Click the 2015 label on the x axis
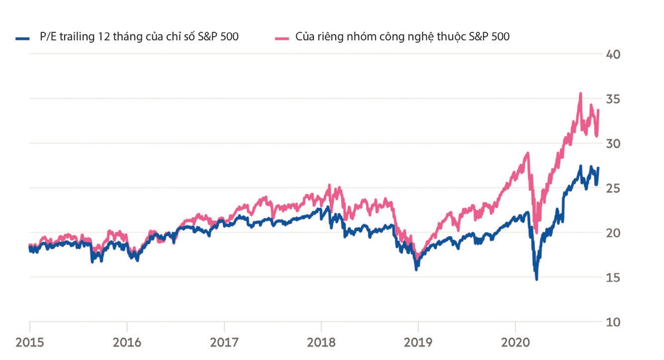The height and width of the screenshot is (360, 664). click(29, 343)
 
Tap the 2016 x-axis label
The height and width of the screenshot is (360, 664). click(127, 343)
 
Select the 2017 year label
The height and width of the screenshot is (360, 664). click(224, 343)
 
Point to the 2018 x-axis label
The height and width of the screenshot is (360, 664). click(321, 343)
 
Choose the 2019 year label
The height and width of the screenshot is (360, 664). click(418, 343)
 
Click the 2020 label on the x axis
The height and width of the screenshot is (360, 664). click(515, 343)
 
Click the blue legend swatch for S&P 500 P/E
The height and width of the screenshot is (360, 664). click(22, 38)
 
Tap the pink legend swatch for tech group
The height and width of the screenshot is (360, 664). click(282, 38)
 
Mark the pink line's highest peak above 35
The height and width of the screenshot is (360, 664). click(580, 93)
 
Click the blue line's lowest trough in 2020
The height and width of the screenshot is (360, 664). click(536, 279)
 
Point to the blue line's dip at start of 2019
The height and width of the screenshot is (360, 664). click(417, 269)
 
